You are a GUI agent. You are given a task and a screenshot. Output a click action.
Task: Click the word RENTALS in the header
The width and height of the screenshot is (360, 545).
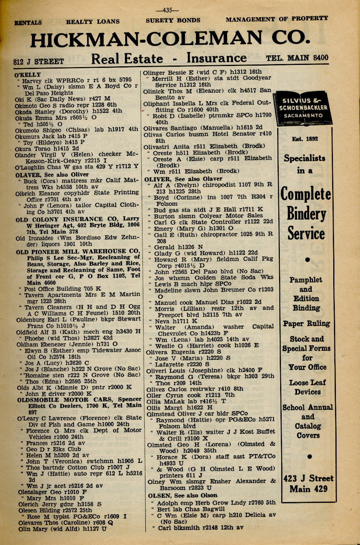click(x=28, y=22)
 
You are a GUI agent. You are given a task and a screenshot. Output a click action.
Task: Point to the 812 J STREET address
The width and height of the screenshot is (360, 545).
click(x=38, y=61)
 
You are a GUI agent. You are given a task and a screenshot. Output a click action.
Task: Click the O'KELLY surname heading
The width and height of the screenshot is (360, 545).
click(x=28, y=75)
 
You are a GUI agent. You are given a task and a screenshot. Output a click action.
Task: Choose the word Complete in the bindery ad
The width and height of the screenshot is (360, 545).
click(x=306, y=194)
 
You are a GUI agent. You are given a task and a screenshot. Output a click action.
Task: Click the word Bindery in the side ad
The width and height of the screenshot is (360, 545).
click(x=306, y=214)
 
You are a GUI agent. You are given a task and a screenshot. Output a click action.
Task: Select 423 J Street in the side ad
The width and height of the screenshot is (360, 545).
click(x=308, y=478)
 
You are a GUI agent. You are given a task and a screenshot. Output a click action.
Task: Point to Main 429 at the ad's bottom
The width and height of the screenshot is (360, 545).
click(x=308, y=489)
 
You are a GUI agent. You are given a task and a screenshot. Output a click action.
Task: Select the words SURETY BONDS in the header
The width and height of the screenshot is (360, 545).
click(x=173, y=21)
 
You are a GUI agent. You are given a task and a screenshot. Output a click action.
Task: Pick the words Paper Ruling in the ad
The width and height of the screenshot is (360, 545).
click(x=306, y=324)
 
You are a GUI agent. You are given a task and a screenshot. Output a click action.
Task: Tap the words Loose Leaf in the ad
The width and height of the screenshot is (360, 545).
click(x=307, y=383)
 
